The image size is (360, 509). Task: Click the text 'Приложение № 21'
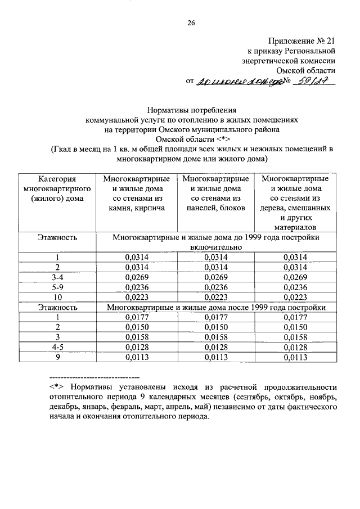click(301, 40)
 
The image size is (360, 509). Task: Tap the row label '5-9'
click(57, 287)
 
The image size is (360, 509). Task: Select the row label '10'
click(57, 297)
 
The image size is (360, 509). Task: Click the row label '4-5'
click(57, 347)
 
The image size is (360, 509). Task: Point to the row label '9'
click(57, 357)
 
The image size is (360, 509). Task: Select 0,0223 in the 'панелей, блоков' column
click(216, 297)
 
